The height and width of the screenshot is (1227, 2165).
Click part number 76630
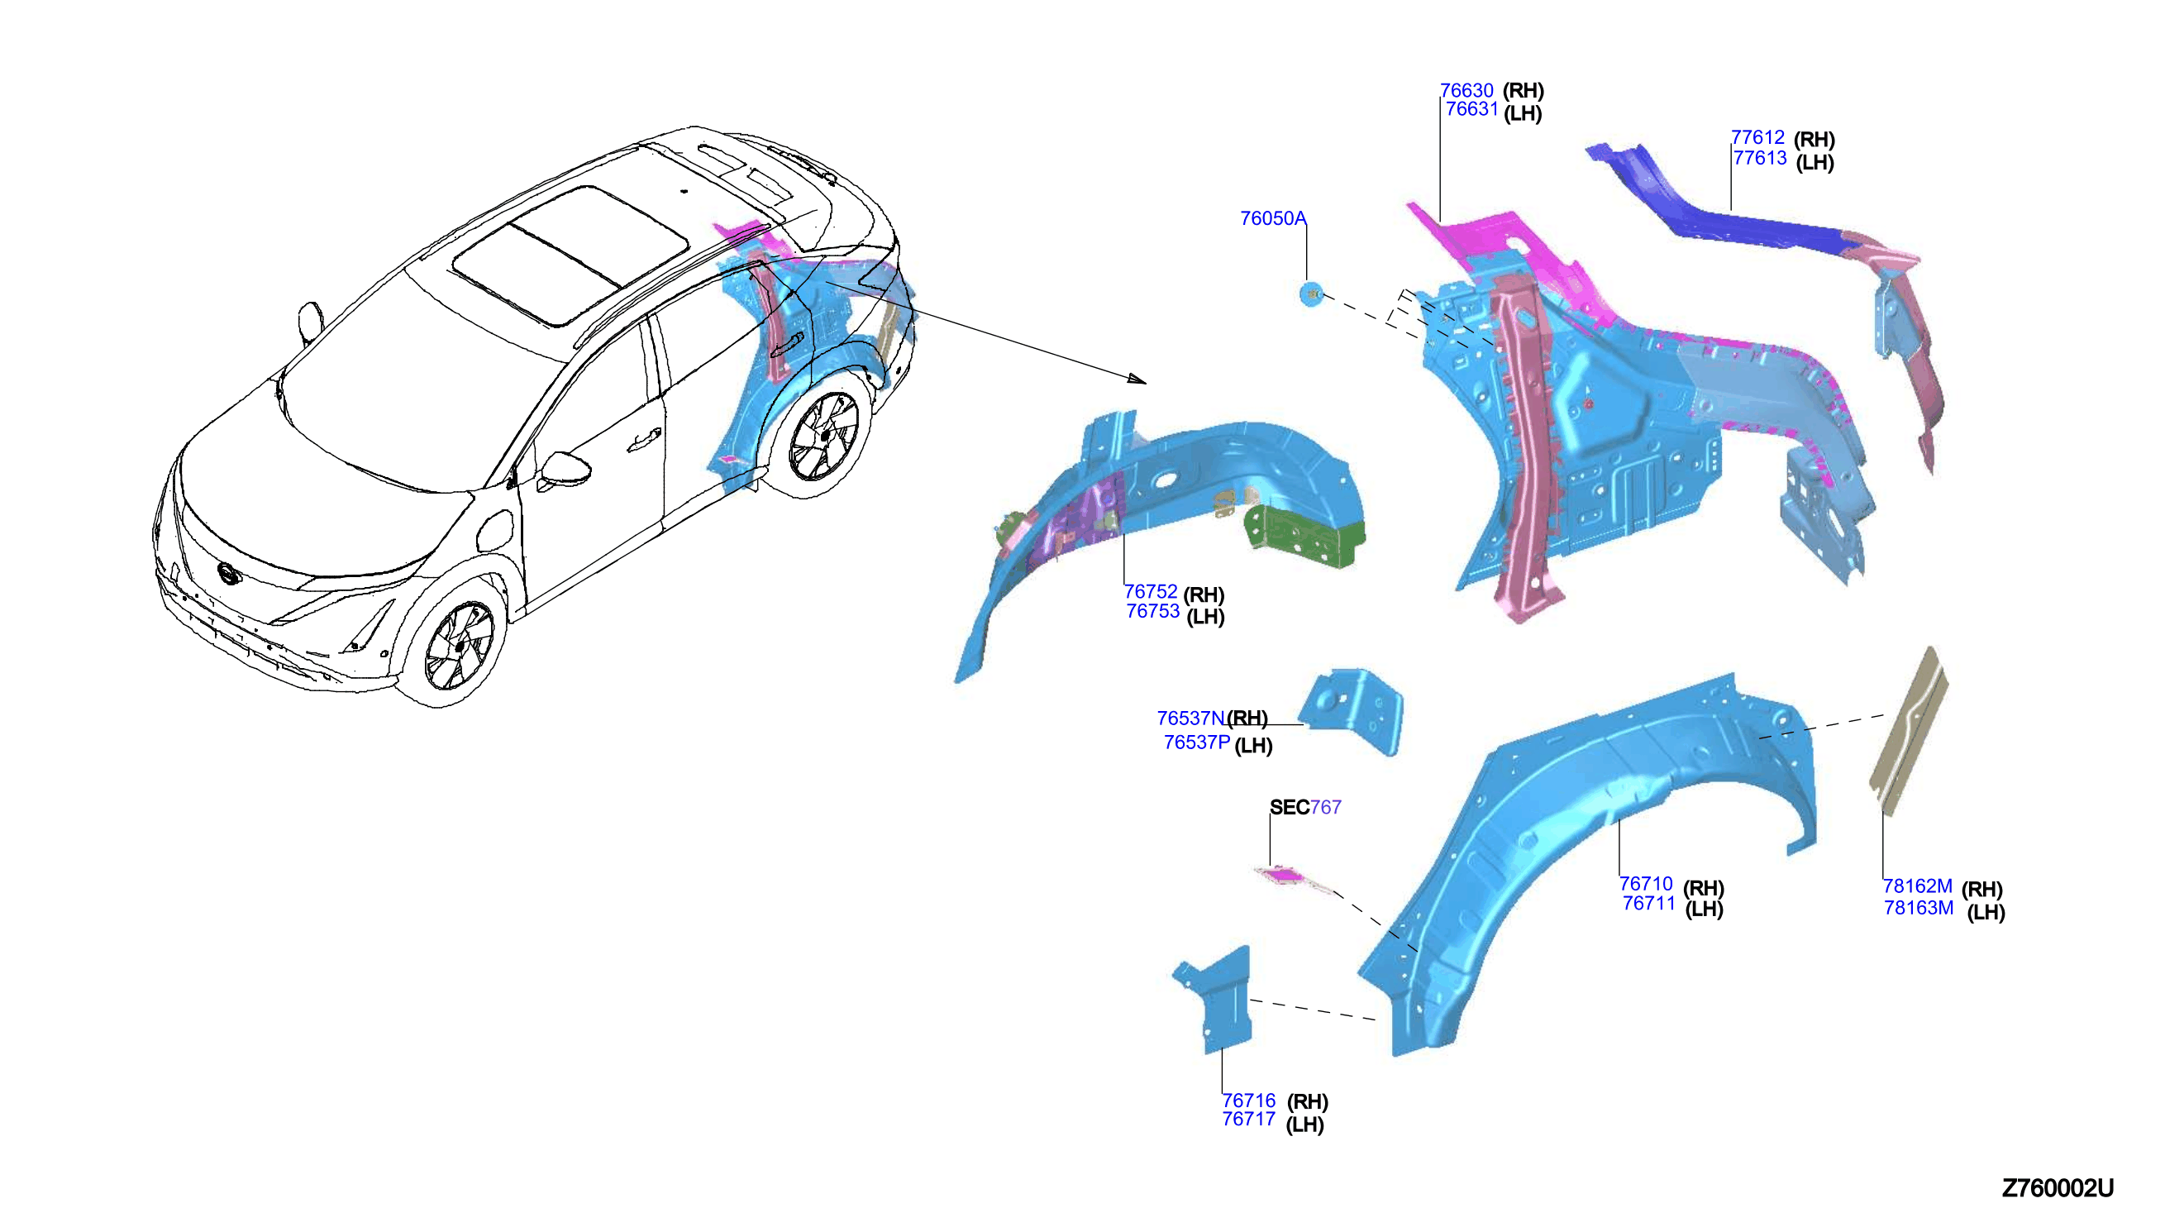[1466, 90]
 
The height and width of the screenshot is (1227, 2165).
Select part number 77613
[1760, 158]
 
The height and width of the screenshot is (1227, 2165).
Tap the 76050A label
[1273, 218]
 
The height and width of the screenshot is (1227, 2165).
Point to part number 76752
[1151, 592]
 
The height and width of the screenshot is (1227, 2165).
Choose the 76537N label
[1190, 718]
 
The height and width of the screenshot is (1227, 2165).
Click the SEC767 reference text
[1305, 807]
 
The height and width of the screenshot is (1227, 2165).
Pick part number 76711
[1648, 904]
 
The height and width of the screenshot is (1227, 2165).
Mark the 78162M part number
[1917, 886]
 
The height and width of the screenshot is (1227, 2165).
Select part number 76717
[1248, 1120]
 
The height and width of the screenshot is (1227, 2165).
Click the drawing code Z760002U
[2058, 1188]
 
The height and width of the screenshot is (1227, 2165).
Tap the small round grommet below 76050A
[1311, 295]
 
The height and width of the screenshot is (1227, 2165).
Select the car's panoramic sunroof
[570, 255]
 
